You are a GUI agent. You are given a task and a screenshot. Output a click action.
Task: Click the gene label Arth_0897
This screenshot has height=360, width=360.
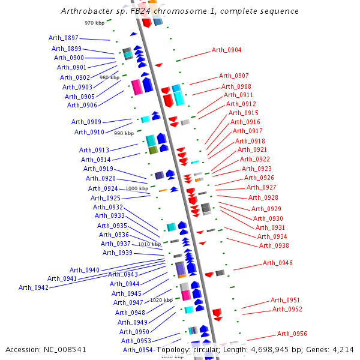point(64,38)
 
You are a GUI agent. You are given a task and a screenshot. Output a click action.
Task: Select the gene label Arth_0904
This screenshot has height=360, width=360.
point(227,50)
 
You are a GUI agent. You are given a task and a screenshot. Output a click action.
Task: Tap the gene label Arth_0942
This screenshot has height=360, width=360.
point(34,287)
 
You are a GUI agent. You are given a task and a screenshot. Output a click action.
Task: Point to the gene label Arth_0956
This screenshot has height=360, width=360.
point(292,334)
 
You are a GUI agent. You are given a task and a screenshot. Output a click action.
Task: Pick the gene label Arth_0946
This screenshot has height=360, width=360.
point(278,263)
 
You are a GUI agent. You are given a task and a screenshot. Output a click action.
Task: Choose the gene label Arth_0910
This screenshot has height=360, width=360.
point(89,132)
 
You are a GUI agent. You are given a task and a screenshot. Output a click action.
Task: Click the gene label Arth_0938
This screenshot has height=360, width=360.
point(274,245)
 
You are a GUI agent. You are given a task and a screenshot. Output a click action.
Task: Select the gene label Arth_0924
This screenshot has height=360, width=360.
point(103,188)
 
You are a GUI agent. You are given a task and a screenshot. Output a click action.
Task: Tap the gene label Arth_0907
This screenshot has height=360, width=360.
point(234,76)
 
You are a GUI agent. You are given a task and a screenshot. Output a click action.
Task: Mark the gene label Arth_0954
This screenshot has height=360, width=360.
point(138,350)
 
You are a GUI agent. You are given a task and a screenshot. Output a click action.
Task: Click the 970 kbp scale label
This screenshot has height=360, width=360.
point(95,23)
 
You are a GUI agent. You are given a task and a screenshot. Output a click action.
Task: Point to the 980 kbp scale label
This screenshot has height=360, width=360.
point(109,77)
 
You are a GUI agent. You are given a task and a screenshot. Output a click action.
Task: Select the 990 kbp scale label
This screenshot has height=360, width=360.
point(124,133)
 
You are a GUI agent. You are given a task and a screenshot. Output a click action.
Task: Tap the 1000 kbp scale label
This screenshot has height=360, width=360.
point(137,188)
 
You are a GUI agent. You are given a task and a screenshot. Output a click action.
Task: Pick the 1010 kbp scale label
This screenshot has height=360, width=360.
point(150,244)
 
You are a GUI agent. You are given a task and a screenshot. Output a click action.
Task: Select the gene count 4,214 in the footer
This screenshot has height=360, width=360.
point(343,349)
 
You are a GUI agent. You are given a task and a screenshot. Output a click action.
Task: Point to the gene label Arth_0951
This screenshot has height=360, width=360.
point(286,300)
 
